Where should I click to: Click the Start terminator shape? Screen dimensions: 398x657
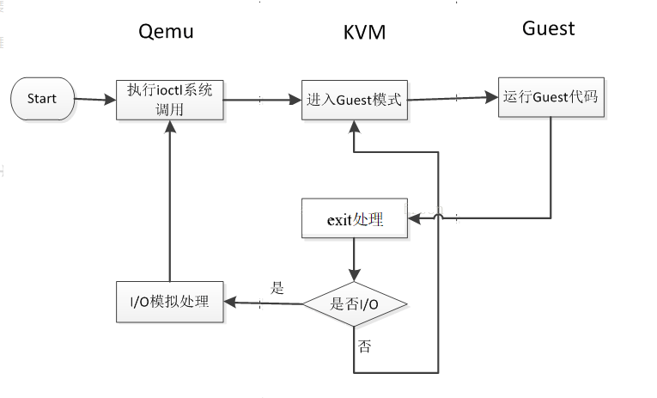point(42,99)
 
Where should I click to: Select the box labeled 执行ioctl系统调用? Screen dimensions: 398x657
point(169,100)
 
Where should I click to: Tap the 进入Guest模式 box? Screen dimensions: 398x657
point(353,99)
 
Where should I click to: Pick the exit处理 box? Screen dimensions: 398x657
point(354,219)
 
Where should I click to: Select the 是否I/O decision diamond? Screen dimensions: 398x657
point(354,303)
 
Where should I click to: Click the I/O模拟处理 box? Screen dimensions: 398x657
point(169,302)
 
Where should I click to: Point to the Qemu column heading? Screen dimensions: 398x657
point(166,33)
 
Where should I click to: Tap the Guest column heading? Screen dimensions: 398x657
point(548,28)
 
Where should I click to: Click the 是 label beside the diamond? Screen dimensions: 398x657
point(277,288)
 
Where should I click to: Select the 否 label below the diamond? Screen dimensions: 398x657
point(364,347)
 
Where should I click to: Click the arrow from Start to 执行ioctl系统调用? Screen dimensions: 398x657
point(95,100)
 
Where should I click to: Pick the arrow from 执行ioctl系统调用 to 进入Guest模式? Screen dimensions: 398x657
point(262,100)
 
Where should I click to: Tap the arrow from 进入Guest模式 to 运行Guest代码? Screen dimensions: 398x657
point(452,97)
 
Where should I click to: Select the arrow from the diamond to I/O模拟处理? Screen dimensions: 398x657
point(262,303)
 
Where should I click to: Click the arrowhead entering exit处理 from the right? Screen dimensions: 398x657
point(413,219)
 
